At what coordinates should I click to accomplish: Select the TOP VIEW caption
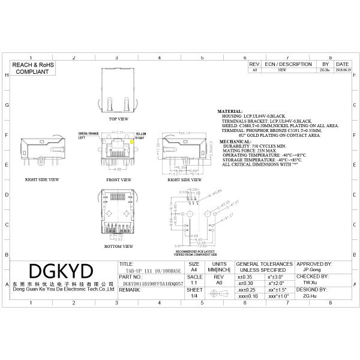[118, 119]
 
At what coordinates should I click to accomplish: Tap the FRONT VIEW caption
[118, 179]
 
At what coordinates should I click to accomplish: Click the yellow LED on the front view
[131, 140]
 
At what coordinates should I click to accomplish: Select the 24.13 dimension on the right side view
[184, 133]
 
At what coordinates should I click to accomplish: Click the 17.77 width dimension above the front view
[118, 133]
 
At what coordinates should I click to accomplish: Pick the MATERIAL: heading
[230, 112]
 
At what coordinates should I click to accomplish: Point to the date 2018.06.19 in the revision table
[342, 70]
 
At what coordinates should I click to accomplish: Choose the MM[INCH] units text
[220, 271]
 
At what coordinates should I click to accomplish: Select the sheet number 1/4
[194, 296]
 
